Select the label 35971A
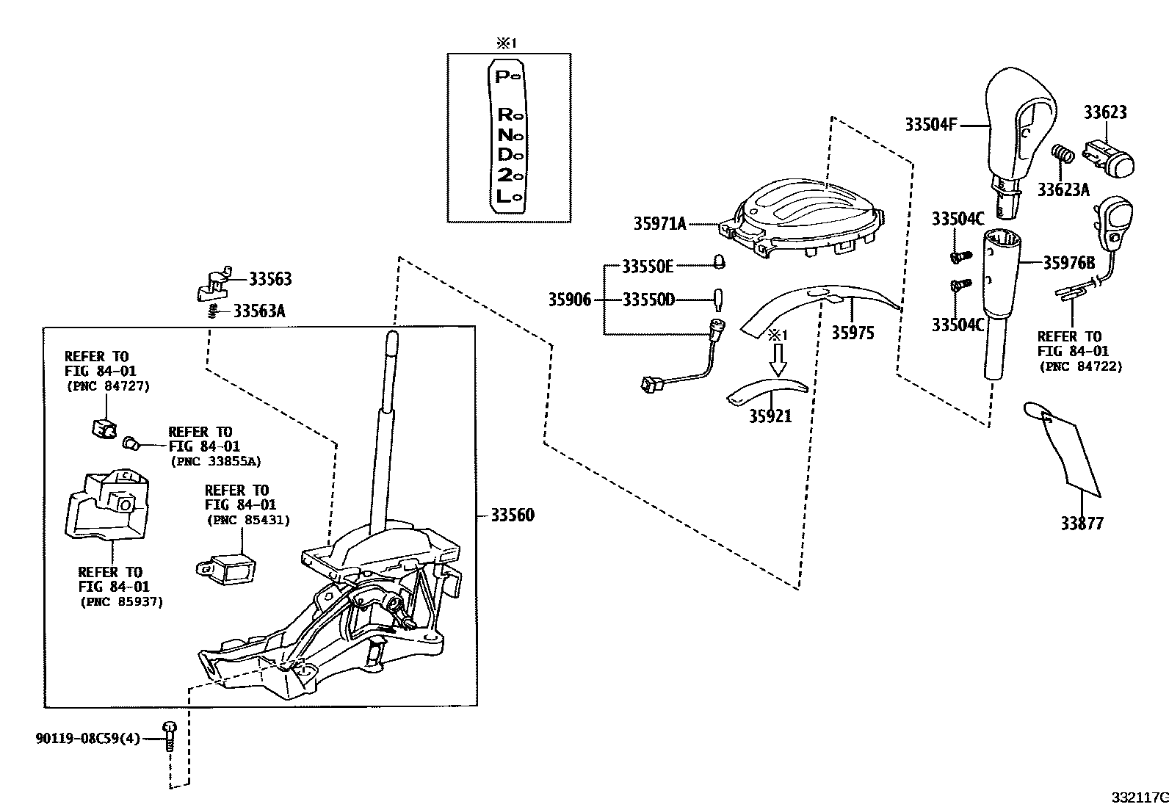pyautogui.click(x=659, y=223)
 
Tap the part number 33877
pyautogui.click(x=1081, y=524)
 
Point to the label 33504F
pyautogui.click(x=930, y=125)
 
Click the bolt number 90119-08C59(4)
pyautogui.click(x=87, y=738)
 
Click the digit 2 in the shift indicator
pyautogui.click(x=504, y=175)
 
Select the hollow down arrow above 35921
pyautogui.click(x=777, y=359)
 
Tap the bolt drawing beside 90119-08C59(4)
pyautogui.click(x=170, y=735)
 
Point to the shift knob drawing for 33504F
pyautogui.click(x=1017, y=132)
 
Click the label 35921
pyautogui.click(x=770, y=416)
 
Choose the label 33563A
pyautogui.click(x=258, y=311)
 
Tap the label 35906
pyautogui.click(x=569, y=300)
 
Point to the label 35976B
pyautogui.click(x=1068, y=263)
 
